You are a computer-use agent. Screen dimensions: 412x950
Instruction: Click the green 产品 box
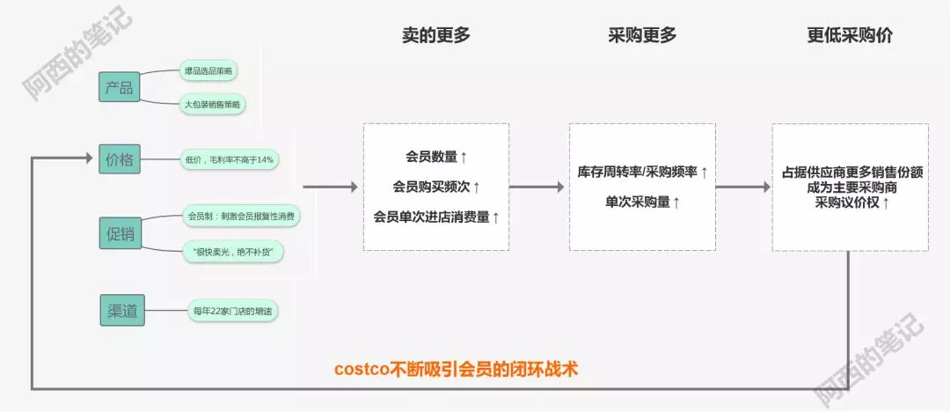119,87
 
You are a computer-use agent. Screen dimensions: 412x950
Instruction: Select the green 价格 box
119,159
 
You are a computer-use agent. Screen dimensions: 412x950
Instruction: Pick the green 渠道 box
119,310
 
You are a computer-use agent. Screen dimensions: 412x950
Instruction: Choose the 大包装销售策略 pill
212,105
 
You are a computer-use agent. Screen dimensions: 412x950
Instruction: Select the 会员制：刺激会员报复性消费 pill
239,216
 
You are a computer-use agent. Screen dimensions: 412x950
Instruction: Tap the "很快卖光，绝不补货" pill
232,253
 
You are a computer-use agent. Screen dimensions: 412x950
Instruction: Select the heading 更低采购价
851,35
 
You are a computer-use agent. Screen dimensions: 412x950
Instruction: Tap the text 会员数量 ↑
436,158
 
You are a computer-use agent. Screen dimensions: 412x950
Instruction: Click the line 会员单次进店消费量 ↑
436,217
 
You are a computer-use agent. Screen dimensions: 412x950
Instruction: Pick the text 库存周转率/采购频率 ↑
643,173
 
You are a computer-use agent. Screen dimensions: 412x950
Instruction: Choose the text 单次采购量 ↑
643,202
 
